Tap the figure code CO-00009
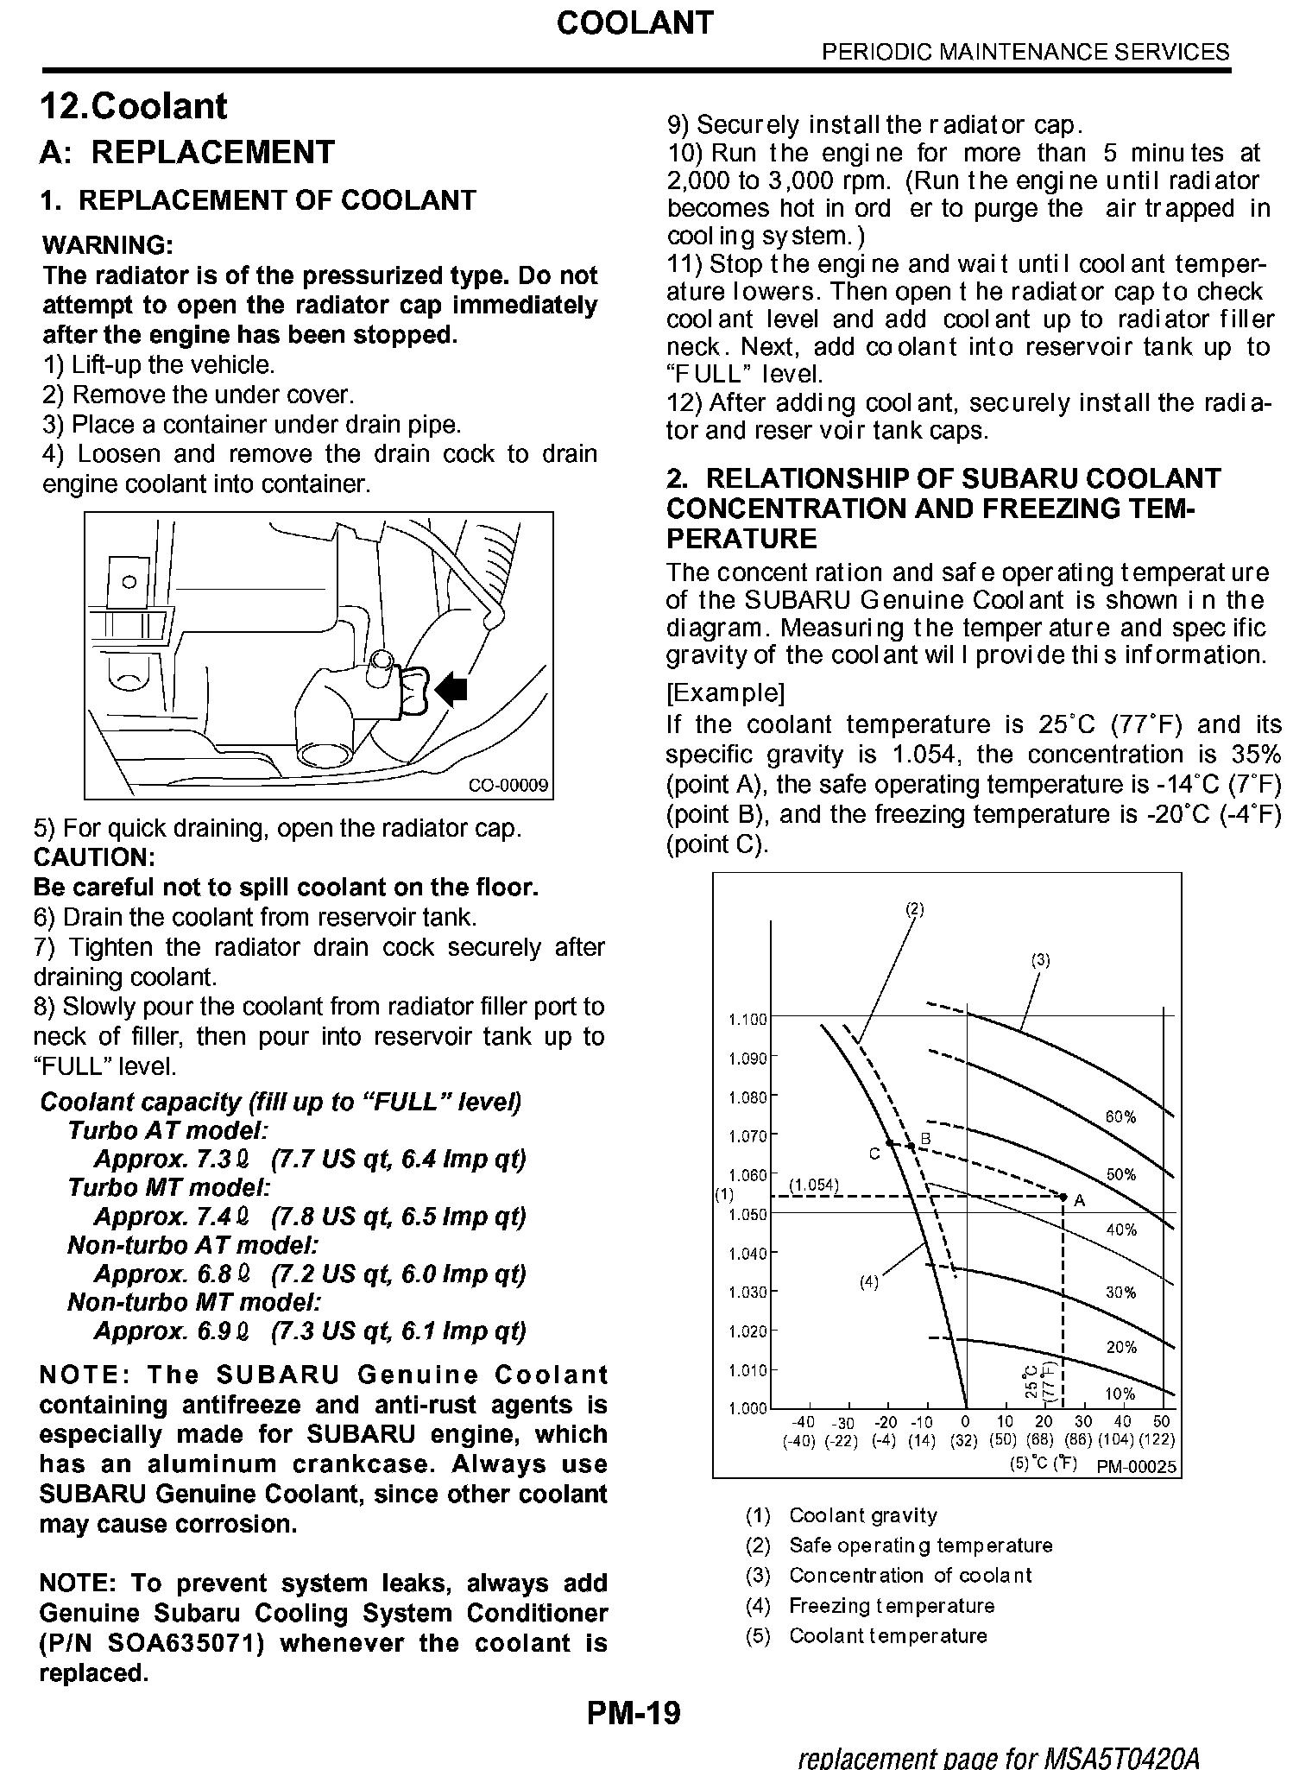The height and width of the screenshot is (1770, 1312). point(508,785)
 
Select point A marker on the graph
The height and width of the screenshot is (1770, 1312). point(1063,1197)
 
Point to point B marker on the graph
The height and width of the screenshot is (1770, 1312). point(910,1147)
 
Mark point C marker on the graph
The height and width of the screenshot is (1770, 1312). point(889,1143)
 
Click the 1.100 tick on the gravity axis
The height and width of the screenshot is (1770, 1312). point(747,1020)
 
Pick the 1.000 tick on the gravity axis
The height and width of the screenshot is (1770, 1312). point(747,1409)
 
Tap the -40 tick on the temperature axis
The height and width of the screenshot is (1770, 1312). point(803,1422)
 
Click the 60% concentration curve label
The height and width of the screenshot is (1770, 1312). point(1120,1117)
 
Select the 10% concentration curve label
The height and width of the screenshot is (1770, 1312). point(1120,1394)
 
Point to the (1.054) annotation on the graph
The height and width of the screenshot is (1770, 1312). point(814,1185)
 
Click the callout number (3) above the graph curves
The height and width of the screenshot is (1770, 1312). point(1041,959)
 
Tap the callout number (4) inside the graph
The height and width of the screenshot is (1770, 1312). point(868,1283)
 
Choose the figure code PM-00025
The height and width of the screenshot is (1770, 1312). point(1136,1467)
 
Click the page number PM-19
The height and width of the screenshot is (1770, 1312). point(634,1712)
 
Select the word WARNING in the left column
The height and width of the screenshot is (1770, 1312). point(108,245)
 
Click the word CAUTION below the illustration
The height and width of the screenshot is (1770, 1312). point(94,857)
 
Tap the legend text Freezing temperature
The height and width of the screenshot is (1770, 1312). point(892,1606)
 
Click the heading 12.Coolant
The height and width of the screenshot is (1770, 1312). point(134,106)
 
